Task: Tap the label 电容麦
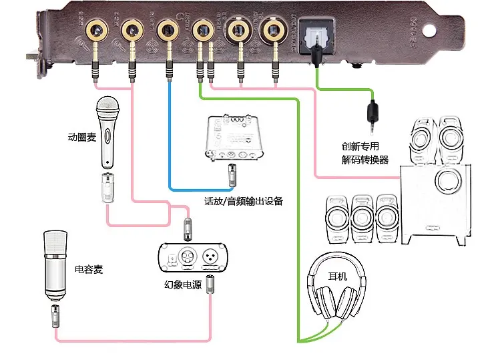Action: [x=89, y=270]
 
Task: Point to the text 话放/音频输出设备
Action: [x=243, y=201]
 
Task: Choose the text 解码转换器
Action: [x=365, y=160]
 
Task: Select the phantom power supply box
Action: [x=192, y=258]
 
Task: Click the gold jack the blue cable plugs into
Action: [x=166, y=30]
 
